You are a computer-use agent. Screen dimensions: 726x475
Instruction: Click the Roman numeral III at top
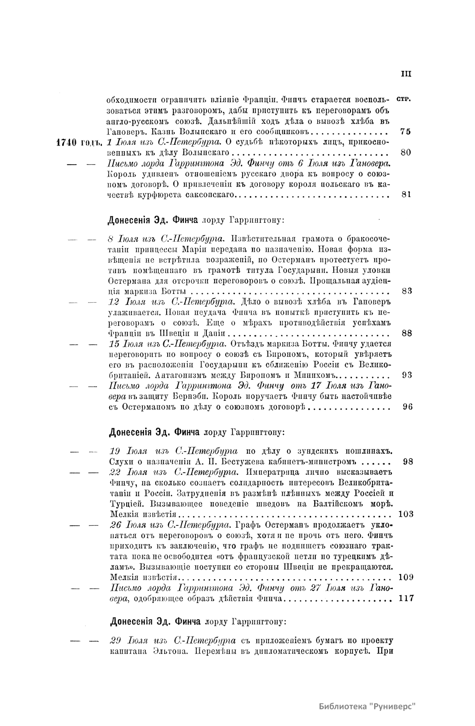(x=406, y=74)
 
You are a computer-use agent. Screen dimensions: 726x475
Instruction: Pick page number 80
(x=406, y=153)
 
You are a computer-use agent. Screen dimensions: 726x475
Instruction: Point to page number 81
(x=406, y=194)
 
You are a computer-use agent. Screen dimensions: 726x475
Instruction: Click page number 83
(x=407, y=291)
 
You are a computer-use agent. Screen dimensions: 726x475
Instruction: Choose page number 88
(x=407, y=333)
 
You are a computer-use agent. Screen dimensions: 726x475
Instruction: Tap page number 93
(x=407, y=375)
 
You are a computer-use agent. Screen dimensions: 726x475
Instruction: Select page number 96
(x=407, y=406)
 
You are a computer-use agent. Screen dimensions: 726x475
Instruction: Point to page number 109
(x=406, y=577)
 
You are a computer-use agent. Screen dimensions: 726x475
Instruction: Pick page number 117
(x=406, y=598)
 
